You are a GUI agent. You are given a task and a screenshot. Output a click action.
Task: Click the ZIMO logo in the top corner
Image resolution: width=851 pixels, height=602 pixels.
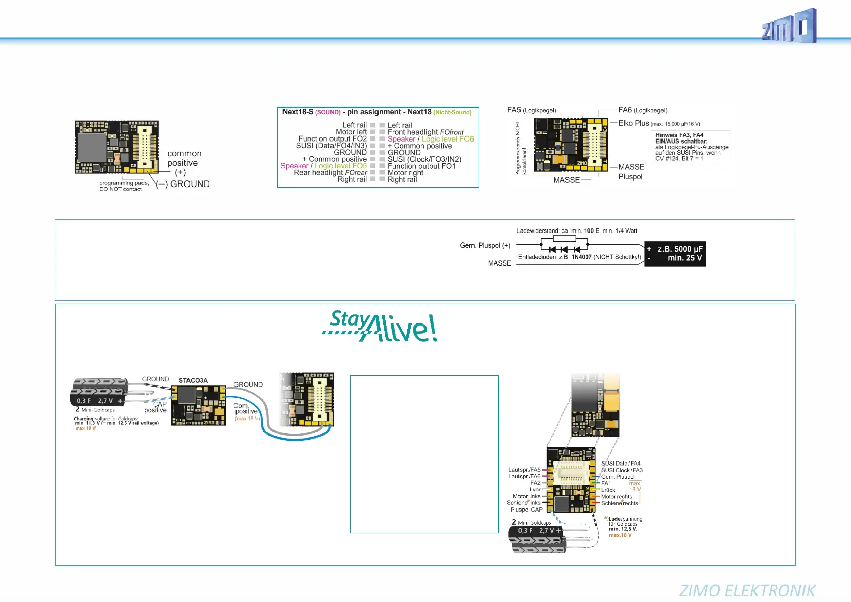coord(789,26)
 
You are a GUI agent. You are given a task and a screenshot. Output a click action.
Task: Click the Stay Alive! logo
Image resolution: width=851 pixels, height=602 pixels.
coord(380,326)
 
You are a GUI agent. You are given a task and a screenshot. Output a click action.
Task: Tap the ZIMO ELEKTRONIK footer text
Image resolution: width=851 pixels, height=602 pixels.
coord(747,590)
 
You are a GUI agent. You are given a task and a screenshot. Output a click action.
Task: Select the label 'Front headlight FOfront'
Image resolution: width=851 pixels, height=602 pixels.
coord(425,132)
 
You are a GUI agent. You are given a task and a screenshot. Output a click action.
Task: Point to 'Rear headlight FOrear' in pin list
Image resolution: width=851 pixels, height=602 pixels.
coord(330,173)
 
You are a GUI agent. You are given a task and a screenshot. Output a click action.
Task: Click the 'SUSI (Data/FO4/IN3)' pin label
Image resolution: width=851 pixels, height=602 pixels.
coord(332,146)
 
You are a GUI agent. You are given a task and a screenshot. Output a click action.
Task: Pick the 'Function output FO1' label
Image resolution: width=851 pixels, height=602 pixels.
coord(421,166)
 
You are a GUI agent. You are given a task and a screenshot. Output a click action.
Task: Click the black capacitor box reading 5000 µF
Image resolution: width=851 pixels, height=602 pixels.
coord(675,254)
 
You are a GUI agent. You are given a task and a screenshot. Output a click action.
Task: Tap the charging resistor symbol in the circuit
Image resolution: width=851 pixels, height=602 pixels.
coord(564,239)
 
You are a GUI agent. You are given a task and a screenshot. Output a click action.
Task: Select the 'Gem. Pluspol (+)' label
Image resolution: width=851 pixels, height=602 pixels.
coord(485,246)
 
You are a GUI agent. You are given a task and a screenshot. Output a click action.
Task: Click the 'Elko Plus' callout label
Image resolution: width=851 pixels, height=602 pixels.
coord(634,123)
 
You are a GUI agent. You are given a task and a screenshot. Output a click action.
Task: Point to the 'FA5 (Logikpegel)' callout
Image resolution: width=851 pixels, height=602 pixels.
coord(532,110)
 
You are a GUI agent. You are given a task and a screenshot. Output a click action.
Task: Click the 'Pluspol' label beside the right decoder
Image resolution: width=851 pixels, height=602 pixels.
coord(630,177)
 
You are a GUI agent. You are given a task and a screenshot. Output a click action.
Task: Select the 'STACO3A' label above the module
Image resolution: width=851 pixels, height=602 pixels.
coord(193,380)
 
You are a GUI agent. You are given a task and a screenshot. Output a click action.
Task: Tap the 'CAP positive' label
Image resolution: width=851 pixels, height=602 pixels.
coord(156,407)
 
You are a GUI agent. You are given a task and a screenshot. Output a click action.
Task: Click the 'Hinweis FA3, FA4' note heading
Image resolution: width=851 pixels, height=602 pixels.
coord(679,135)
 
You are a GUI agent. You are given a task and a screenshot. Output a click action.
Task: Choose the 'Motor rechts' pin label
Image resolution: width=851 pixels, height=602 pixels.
coord(617,497)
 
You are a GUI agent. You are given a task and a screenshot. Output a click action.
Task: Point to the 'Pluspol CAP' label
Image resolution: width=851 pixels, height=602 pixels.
coord(526,510)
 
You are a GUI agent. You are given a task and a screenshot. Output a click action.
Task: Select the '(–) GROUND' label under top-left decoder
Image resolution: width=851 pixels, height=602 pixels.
coord(182,184)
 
